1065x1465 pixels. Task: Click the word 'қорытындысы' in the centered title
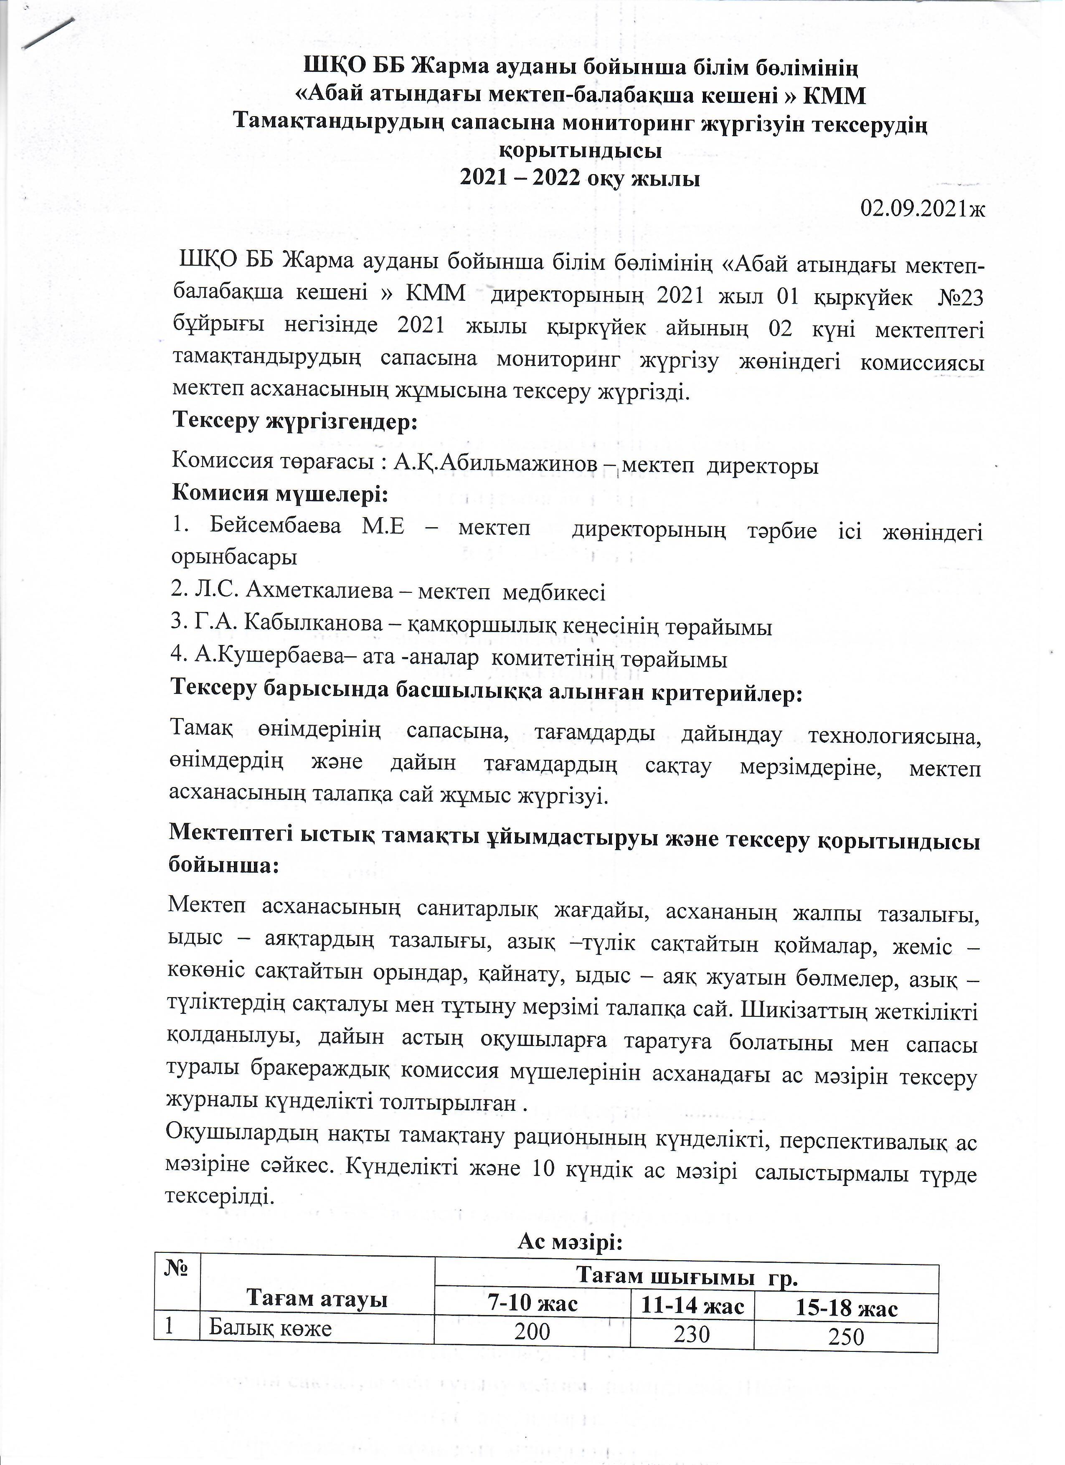tap(581, 151)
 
